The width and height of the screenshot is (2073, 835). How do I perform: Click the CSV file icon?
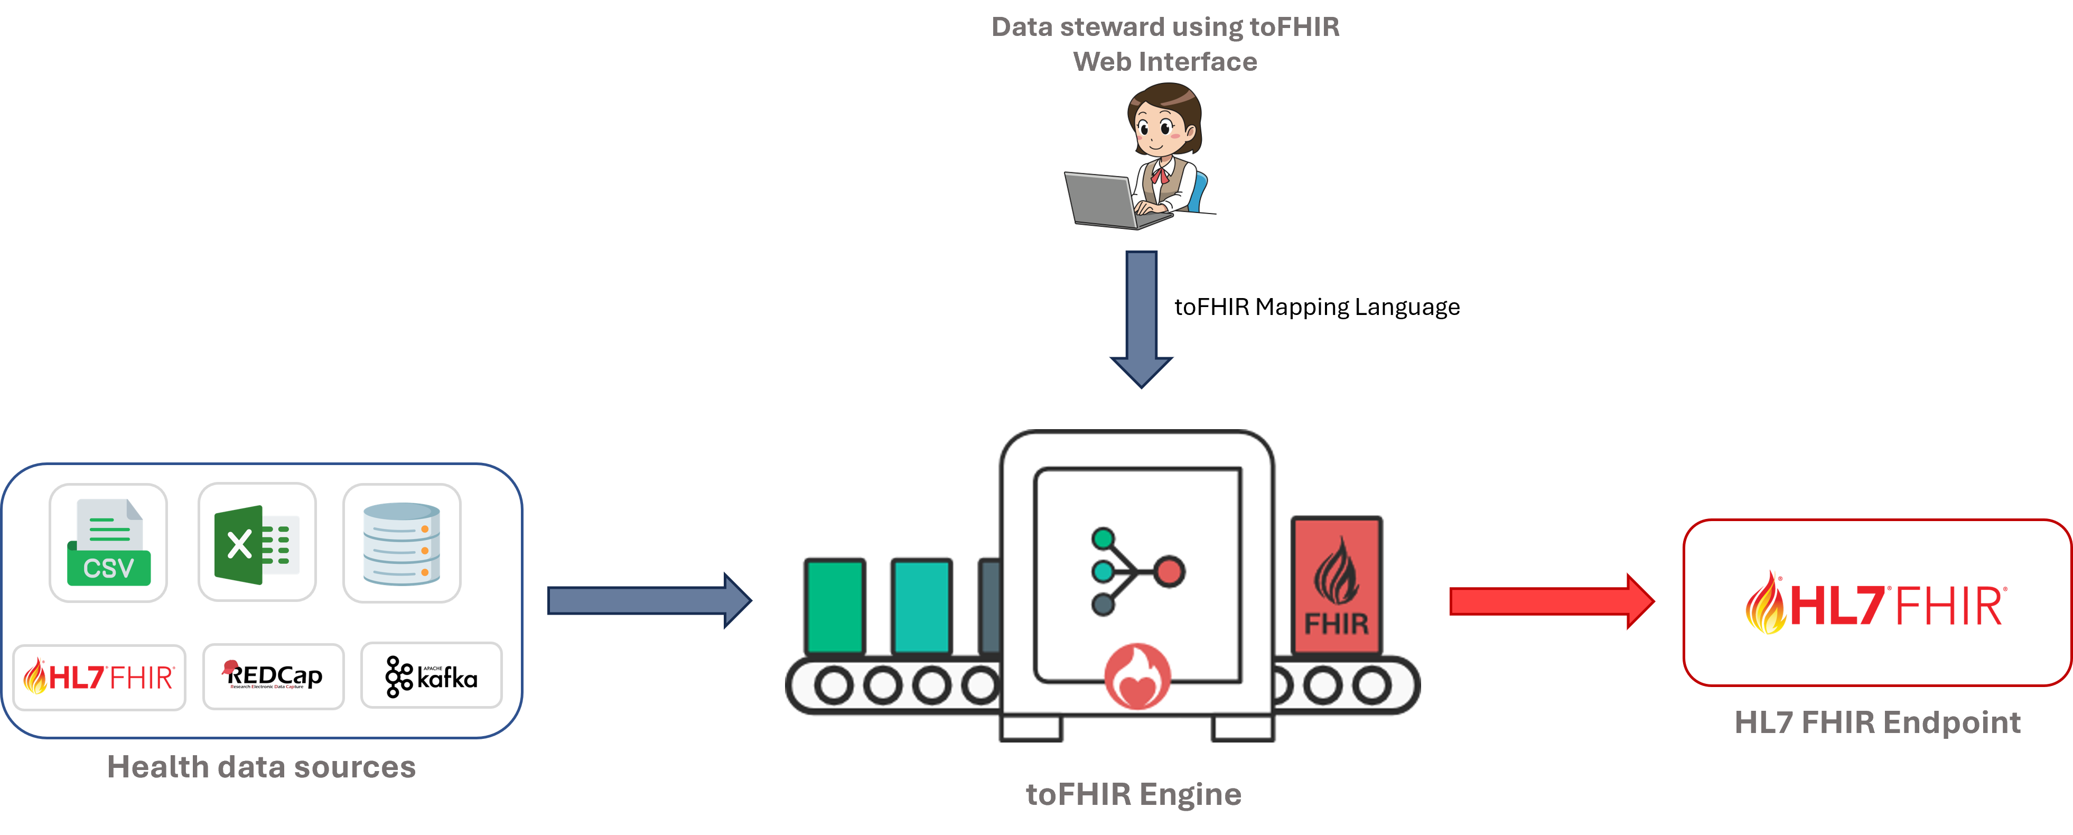click(108, 542)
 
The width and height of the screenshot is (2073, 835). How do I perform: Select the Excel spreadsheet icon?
click(257, 543)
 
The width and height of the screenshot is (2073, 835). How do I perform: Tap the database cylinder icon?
click(401, 543)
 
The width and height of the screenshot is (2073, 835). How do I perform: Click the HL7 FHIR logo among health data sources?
click(99, 677)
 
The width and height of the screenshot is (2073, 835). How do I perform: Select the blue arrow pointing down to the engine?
click(1141, 318)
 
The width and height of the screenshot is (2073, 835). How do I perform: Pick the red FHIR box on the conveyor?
click(1336, 584)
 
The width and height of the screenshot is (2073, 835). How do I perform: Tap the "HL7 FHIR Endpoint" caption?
click(1878, 722)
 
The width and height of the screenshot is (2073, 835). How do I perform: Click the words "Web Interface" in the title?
click(1164, 62)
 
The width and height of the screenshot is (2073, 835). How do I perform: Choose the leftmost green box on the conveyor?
click(835, 606)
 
